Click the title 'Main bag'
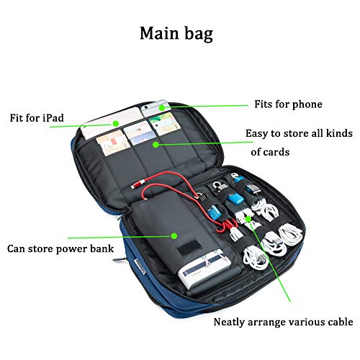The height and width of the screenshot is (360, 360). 176,34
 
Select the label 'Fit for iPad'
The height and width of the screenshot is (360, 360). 37,118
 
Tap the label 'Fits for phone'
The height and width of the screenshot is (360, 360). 288,104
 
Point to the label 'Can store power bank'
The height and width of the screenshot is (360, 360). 60,249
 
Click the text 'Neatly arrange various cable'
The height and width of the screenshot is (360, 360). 283,322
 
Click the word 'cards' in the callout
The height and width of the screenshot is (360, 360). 277,152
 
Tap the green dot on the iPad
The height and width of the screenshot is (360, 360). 116,124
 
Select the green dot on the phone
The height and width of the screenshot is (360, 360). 162,108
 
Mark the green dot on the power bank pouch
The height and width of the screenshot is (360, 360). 174,236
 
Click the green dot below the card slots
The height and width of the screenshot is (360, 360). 156,145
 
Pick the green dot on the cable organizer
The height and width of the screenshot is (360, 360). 248,219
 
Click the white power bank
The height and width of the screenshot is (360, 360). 204,266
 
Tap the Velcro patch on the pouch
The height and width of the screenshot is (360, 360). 189,248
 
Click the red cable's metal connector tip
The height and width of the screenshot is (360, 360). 135,185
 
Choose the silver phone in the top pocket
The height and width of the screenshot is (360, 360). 156,108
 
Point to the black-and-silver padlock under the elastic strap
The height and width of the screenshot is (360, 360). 218,188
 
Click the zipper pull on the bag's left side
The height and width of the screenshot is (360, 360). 120,260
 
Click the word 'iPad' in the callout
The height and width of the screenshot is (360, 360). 53,118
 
